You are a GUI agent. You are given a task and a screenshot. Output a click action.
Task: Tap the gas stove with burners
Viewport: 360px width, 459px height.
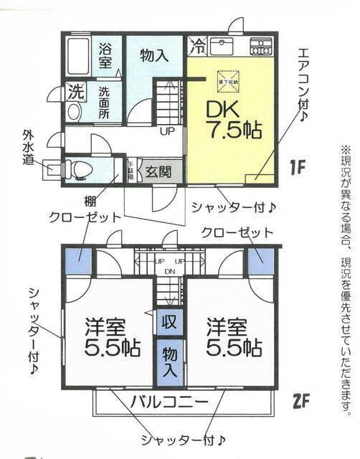(x=261, y=48)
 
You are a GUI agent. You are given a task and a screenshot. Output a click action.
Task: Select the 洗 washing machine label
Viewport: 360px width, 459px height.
(x=75, y=91)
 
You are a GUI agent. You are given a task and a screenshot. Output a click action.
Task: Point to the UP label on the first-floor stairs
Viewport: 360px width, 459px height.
(x=167, y=132)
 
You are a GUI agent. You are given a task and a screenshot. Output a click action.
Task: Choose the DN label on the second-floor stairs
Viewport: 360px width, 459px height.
(x=171, y=270)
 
